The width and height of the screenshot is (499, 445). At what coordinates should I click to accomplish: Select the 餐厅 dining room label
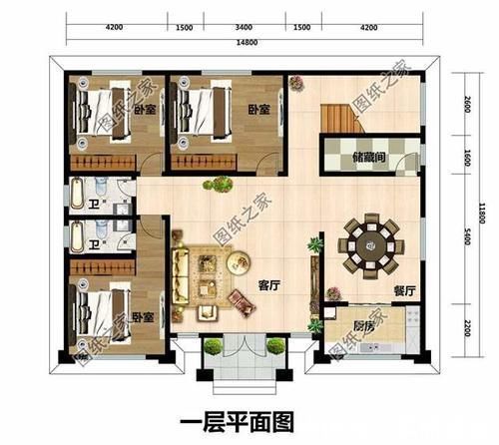click(x=403, y=290)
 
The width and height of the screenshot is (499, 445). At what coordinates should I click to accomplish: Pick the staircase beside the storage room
click(x=340, y=119)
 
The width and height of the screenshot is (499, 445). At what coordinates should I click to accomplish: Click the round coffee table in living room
click(x=239, y=263)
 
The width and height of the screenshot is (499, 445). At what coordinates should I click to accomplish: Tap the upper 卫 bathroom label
click(x=92, y=205)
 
